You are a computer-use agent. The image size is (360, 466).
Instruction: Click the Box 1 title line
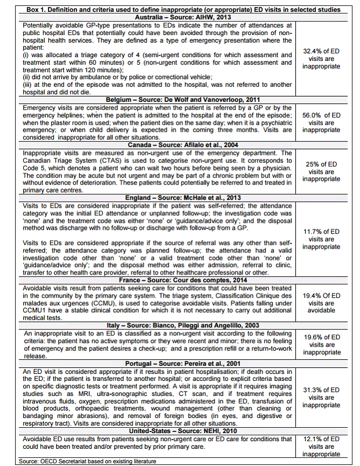coord(180,9)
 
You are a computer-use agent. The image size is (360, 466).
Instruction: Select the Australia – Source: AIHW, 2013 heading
coord(179,17)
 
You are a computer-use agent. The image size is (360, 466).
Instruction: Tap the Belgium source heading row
coord(179,100)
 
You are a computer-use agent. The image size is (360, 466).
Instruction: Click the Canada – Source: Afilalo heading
coord(179,145)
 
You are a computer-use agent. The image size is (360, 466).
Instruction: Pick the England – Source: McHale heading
coord(179,197)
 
